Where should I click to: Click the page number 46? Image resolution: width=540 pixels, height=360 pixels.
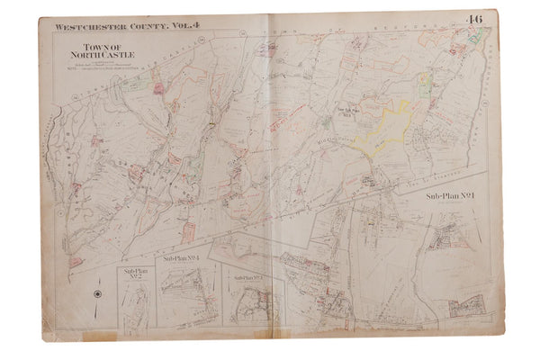(x=498, y=22)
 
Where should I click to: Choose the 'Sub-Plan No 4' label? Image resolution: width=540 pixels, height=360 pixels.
(x=181, y=257)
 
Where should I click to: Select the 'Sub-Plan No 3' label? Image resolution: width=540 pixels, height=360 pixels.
(x=248, y=277)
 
